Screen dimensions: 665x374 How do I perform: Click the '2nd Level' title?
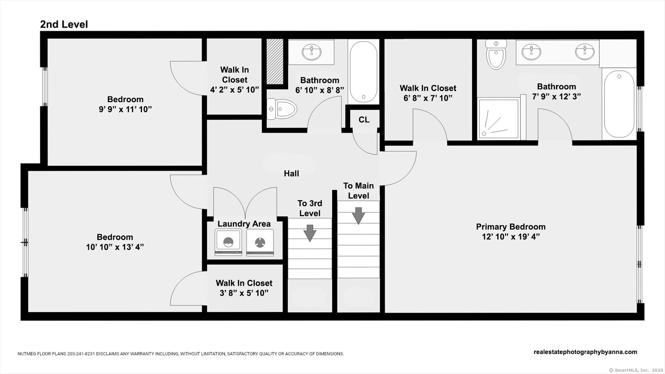click(64, 24)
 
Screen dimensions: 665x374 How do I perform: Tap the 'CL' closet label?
click(364, 120)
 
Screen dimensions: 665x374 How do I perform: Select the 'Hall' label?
click(291, 173)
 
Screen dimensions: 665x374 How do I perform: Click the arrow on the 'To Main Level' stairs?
click(358, 216)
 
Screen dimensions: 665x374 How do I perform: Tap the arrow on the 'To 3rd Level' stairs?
click(310, 233)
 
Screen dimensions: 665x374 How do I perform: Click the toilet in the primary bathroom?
click(496, 54)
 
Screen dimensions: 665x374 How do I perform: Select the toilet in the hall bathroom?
click(282, 109)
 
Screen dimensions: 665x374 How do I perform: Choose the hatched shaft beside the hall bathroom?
click(275, 62)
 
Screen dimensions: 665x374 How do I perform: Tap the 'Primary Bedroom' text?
click(511, 227)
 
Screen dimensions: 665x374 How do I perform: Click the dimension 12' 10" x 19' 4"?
click(511, 237)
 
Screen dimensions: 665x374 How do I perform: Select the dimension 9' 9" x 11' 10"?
click(125, 109)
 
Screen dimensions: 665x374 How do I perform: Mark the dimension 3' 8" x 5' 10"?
click(244, 293)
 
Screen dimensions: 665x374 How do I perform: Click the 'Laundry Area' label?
click(244, 224)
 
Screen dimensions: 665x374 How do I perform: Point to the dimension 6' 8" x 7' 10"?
click(428, 98)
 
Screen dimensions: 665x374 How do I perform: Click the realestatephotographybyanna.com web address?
click(586, 352)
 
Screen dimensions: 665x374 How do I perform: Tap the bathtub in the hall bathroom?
click(364, 72)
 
